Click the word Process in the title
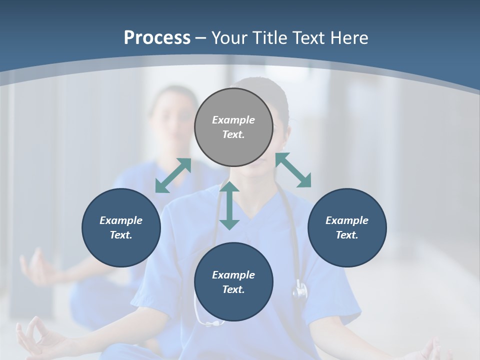click(x=157, y=38)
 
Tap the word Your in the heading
click(x=230, y=38)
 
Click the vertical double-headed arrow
click(x=229, y=205)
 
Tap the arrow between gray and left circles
click(x=173, y=175)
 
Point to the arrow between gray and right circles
click(x=293, y=170)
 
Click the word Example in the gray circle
click(x=233, y=120)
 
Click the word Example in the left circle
click(x=121, y=220)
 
